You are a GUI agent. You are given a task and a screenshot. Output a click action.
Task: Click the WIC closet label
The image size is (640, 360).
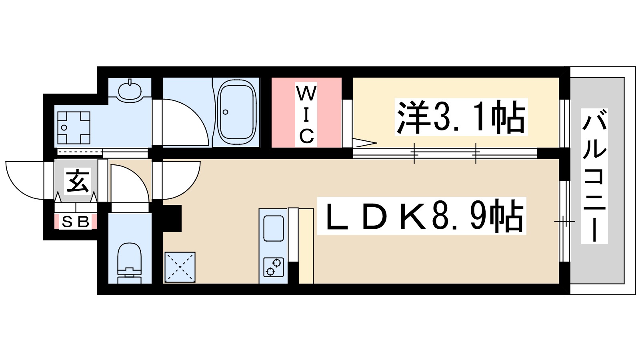click(306, 114)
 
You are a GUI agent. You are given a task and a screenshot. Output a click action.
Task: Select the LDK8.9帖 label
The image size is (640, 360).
click(422, 216)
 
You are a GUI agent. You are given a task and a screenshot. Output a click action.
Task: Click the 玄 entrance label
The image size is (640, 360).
click(77, 181)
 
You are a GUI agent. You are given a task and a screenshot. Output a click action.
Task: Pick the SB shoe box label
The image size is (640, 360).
click(76, 222)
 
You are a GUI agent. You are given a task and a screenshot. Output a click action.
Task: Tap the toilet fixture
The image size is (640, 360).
click(130, 260)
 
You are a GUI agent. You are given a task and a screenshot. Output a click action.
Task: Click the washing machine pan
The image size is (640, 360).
click(74, 128)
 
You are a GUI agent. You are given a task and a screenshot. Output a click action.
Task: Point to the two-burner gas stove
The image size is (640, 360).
click(274, 267)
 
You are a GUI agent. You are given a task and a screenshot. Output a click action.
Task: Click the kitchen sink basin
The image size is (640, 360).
click(274, 228)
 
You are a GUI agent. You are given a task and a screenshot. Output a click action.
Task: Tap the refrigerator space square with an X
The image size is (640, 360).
click(180, 267)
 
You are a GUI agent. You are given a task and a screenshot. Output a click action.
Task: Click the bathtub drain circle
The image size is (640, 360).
click(226, 112)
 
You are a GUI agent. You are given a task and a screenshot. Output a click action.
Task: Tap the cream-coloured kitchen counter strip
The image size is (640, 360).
click(306, 246)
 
